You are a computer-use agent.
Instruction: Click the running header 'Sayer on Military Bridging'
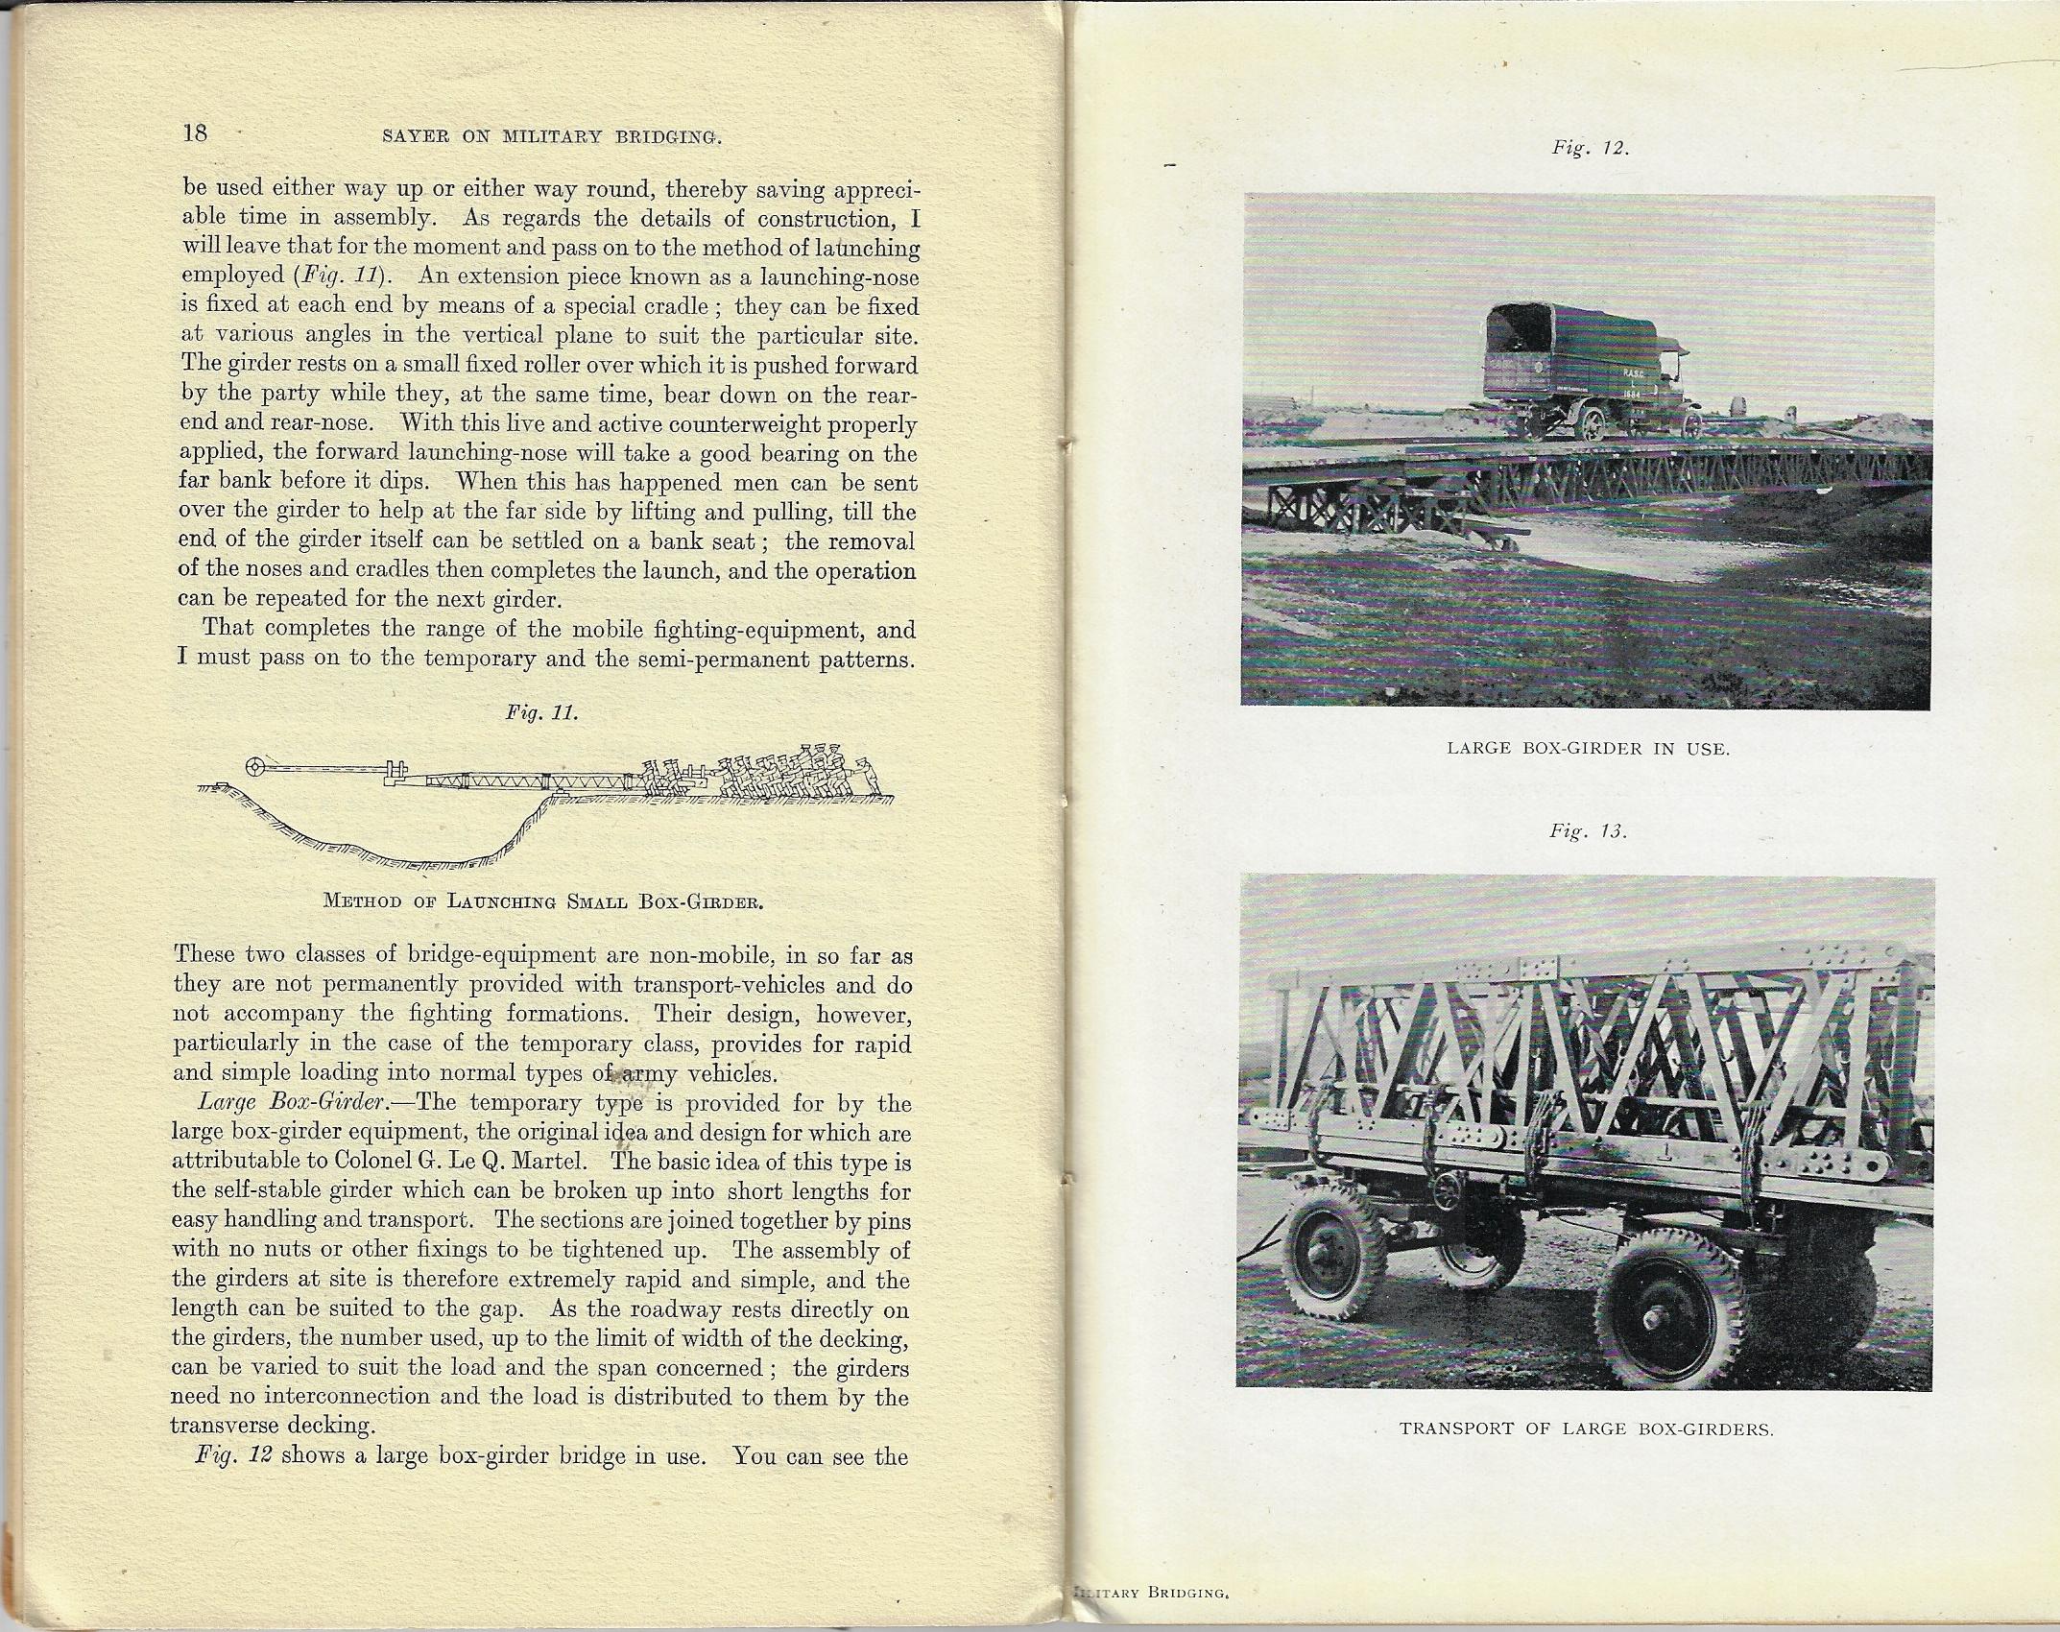point(551,136)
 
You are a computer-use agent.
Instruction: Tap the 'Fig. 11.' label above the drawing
point(541,713)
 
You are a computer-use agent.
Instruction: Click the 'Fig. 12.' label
point(1592,149)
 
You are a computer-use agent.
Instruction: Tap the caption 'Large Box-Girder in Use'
point(1588,748)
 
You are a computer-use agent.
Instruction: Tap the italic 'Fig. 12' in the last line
point(234,1455)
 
